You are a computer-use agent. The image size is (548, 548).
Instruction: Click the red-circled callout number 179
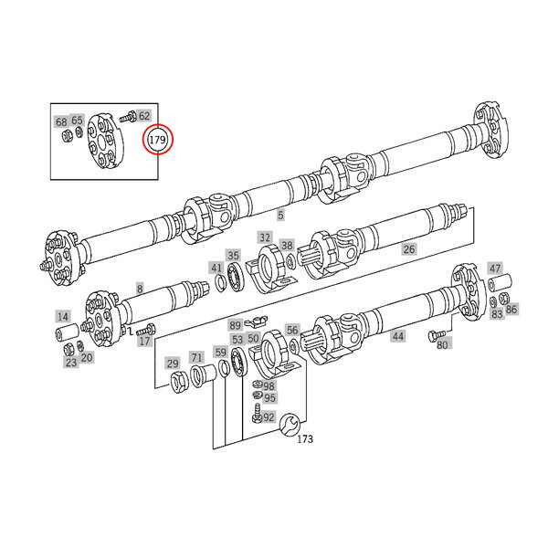157,140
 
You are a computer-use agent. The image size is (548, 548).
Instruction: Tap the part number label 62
144,116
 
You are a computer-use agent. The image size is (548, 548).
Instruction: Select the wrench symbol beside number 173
290,425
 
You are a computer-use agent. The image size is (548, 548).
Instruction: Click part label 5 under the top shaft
280,216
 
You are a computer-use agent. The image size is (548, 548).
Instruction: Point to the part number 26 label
409,249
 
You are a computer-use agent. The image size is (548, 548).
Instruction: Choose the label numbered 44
397,336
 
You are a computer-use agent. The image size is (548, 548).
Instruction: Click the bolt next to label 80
437,334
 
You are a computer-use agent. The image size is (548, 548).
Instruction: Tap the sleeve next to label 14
67,332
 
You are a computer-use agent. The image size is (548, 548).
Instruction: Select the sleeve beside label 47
500,283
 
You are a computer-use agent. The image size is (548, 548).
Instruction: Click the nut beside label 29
180,382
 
